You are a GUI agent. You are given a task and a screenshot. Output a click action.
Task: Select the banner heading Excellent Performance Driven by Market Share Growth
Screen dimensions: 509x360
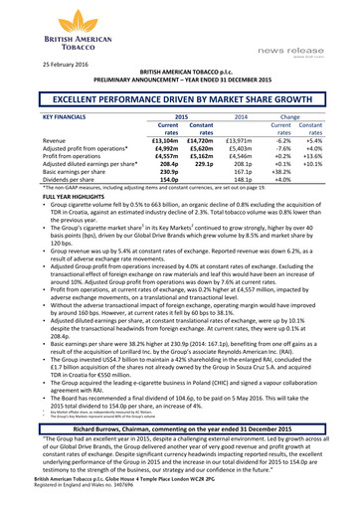click(x=179, y=100)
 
